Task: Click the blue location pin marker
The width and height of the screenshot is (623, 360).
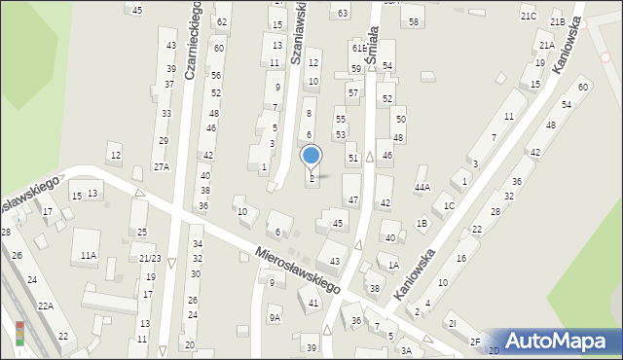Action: [311, 156]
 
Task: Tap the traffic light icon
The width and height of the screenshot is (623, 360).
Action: [19, 334]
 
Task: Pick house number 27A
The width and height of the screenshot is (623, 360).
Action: [162, 166]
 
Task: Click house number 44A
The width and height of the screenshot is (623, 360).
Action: [421, 187]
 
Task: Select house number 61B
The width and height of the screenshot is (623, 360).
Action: [359, 48]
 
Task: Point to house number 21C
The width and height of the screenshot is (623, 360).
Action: [528, 17]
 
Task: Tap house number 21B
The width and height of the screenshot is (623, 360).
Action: [557, 21]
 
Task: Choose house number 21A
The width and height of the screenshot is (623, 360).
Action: [546, 45]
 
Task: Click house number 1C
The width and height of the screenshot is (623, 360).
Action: [449, 205]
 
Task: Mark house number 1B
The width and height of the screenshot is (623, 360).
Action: [421, 224]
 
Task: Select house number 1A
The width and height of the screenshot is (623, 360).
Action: [393, 265]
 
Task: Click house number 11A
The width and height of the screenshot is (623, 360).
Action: [89, 255]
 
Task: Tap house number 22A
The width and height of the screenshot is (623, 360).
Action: [45, 306]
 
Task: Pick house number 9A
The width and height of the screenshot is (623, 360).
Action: [275, 317]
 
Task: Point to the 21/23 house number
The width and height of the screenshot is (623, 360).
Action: [150, 258]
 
